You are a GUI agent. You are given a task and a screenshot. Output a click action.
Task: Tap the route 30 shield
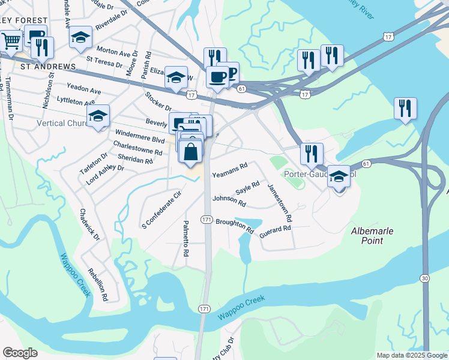(x=424, y=278)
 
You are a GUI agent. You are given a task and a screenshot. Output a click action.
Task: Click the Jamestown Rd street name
(x=280, y=201)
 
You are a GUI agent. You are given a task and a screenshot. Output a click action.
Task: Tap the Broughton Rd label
(x=234, y=225)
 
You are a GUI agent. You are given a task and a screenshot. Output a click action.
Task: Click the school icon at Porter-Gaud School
(x=339, y=176)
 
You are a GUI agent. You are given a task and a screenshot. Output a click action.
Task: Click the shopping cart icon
(x=11, y=41)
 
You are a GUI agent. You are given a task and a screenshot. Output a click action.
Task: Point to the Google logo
(x=20, y=352)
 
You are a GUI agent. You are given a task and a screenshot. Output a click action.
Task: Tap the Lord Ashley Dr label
(x=104, y=173)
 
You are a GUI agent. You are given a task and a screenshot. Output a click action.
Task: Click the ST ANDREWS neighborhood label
(x=48, y=66)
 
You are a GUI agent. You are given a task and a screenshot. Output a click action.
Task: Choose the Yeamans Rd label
(x=230, y=170)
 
